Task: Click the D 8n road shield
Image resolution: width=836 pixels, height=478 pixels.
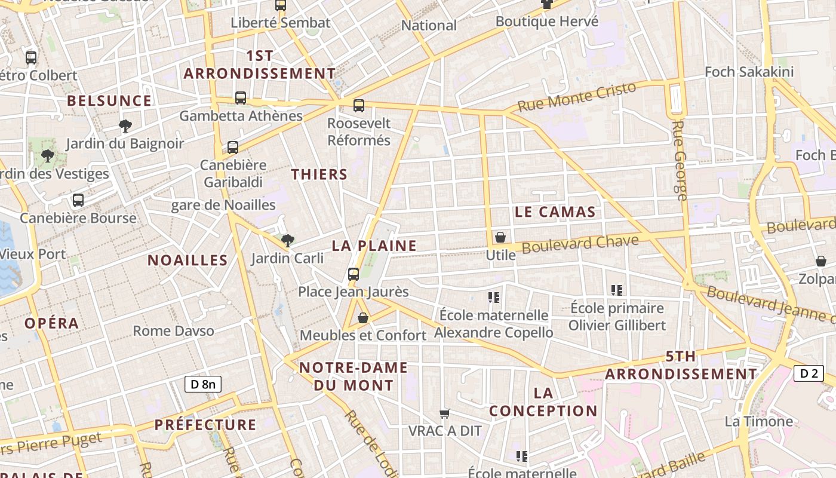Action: (203, 384)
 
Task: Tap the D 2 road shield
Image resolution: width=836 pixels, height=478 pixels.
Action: (809, 373)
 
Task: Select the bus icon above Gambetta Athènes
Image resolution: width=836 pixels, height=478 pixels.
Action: (241, 98)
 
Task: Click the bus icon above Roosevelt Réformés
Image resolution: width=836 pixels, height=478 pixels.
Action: (359, 106)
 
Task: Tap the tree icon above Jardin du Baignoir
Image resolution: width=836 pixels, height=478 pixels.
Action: (125, 125)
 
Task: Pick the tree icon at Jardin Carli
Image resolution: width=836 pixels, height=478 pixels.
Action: (288, 241)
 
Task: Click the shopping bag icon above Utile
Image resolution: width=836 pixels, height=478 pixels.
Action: (500, 237)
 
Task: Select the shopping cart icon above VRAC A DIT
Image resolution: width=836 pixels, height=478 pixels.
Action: (444, 413)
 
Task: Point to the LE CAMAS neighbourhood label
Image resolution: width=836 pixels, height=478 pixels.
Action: (555, 212)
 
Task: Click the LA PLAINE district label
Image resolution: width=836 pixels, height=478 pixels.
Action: (374, 246)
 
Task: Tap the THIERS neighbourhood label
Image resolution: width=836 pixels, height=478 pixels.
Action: (319, 174)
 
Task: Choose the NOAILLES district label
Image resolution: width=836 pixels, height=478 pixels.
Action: (188, 260)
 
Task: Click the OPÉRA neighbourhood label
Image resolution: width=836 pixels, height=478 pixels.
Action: (51, 323)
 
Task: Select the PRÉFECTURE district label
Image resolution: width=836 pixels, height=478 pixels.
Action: (205, 425)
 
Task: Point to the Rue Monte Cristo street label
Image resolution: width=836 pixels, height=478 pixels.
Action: (577, 97)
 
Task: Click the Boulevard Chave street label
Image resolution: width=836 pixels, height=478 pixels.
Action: (580, 244)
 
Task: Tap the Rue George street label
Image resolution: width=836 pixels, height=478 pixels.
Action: (680, 160)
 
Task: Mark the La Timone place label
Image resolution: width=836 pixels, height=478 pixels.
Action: (758, 421)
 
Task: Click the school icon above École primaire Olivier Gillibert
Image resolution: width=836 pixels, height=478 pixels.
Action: (617, 290)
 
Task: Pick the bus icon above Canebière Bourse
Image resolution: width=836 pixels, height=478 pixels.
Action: (78, 200)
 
